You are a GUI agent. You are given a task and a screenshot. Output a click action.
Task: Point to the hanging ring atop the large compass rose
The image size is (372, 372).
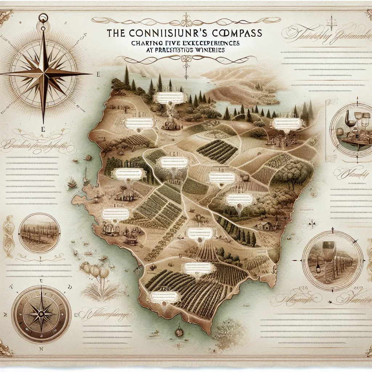pyautogui.click(x=44, y=17)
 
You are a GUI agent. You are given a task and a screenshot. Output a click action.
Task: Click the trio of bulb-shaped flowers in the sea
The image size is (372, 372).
pyautogui.click(x=94, y=271)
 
